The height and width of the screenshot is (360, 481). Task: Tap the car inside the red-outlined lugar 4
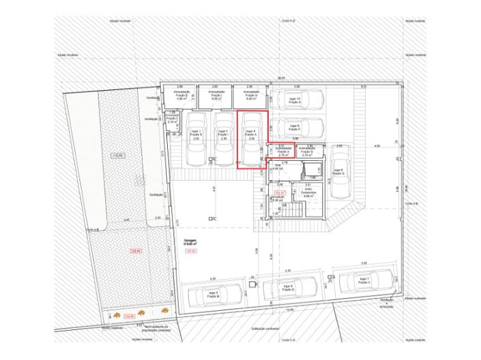pyautogui.click(x=250, y=138)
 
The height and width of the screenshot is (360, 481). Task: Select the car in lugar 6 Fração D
pyautogui.click(x=287, y=289)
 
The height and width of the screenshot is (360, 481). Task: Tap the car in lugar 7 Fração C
pyautogui.click(x=363, y=280)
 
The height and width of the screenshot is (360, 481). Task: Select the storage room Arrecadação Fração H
pyautogui.click(x=250, y=96)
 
